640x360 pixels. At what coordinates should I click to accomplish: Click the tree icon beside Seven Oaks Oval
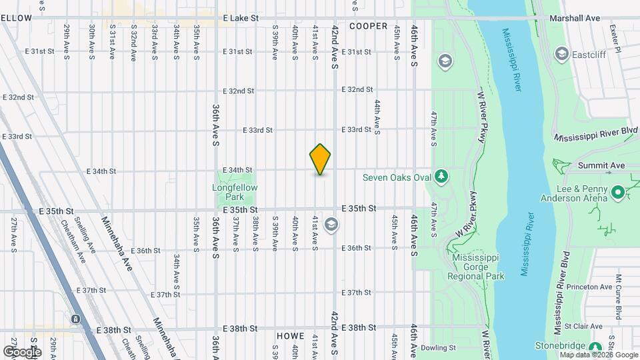tap(441, 176)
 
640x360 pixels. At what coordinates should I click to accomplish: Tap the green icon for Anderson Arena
tap(618, 193)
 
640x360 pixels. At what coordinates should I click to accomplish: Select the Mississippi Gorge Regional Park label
tap(478, 267)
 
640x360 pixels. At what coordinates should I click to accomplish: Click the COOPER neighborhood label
tap(367, 27)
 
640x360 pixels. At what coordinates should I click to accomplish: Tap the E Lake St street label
tap(241, 19)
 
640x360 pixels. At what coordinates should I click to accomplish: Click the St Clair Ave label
tap(584, 327)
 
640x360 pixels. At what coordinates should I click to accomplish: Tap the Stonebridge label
tap(561, 345)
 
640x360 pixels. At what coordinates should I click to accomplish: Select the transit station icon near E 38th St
tap(76, 320)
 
